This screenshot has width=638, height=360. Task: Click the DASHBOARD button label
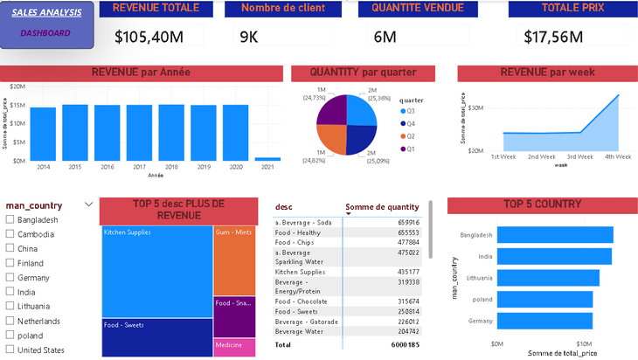click(45, 33)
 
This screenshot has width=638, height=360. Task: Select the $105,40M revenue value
click(149, 37)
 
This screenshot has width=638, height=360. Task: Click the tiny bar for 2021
click(262, 159)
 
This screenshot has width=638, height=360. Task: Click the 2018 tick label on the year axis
click(171, 166)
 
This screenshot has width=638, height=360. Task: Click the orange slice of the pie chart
click(332, 138)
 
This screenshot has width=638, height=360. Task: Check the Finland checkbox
click(10, 263)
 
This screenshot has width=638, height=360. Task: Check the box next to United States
click(10, 350)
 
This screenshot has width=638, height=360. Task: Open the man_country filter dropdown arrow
click(88, 204)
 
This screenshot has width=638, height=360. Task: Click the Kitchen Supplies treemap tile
click(156, 271)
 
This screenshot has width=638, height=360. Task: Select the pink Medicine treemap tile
click(234, 347)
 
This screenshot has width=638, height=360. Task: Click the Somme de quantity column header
click(382, 207)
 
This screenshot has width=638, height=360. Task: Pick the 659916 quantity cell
click(406, 222)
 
